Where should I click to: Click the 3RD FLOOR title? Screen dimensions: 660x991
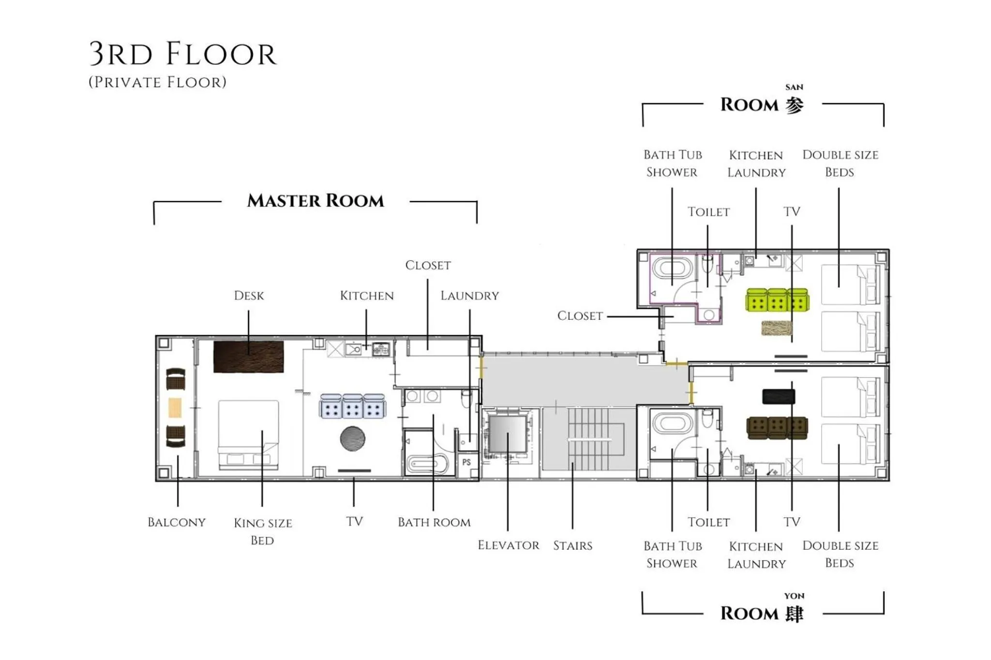pyautogui.click(x=183, y=54)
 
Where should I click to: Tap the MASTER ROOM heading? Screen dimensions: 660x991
pyautogui.click(x=315, y=201)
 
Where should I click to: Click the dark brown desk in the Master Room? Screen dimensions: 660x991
pyautogui.click(x=248, y=357)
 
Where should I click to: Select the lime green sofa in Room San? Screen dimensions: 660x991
pyautogui.click(x=777, y=300)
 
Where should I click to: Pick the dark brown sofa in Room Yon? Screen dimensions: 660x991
pyautogui.click(x=777, y=428)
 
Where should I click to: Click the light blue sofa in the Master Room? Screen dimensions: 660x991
pyautogui.click(x=352, y=406)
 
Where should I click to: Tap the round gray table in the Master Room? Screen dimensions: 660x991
pyautogui.click(x=352, y=439)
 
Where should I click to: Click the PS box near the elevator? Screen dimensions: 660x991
pyautogui.click(x=466, y=462)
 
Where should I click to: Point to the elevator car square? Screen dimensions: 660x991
pyautogui.click(x=507, y=433)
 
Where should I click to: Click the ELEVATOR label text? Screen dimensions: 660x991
pyautogui.click(x=508, y=545)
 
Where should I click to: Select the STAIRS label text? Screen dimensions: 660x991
pyautogui.click(x=572, y=546)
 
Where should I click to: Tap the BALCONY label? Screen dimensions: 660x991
pyautogui.click(x=177, y=523)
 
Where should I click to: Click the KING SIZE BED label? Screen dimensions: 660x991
pyautogui.click(x=262, y=531)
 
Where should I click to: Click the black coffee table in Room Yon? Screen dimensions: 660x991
pyautogui.click(x=778, y=397)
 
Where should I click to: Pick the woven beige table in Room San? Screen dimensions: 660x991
pyautogui.click(x=776, y=328)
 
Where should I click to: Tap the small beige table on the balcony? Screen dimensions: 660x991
pyautogui.click(x=175, y=407)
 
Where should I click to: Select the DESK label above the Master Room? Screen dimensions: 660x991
pyautogui.click(x=249, y=296)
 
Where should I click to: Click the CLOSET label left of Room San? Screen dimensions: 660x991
pyautogui.click(x=580, y=316)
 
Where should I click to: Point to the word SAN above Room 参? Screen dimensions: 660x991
pyautogui.click(x=794, y=88)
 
